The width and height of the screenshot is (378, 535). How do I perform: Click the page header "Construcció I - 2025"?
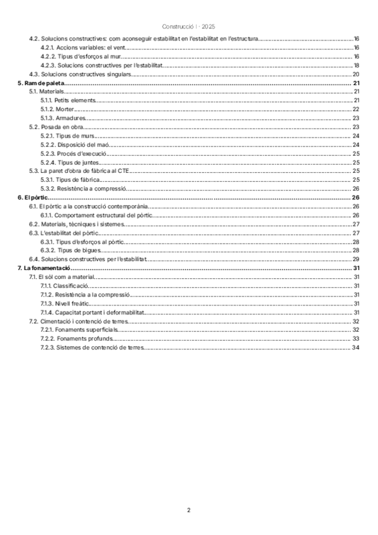click(x=188, y=26)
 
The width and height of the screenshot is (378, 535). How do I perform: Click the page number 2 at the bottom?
click(x=188, y=510)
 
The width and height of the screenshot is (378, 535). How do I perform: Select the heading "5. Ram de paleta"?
click(x=41, y=83)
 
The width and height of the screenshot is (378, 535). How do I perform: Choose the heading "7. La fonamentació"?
click(x=43, y=268)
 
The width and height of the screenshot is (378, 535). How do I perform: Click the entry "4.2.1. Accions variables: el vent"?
click(x=77, y=48)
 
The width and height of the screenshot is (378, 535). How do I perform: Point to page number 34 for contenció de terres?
click(x=356, y=348)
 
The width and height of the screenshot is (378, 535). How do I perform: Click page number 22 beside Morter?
click(x=356, y=109)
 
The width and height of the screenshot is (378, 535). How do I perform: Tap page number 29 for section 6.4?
click(x=356, y=259)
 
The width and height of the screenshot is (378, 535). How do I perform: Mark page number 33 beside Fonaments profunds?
click(x=356, y=339)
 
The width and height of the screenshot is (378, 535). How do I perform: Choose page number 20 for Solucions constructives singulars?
click(x=356, y=74)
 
